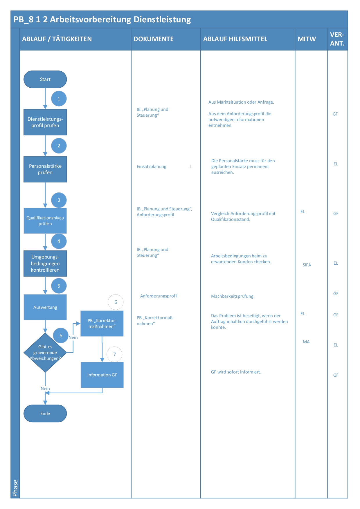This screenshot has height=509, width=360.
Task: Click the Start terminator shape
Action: (x=45, y=79)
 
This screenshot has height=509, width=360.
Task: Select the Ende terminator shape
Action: (x=45, y=413)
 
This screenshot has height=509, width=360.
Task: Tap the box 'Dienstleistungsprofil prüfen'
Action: (x=45, y=122)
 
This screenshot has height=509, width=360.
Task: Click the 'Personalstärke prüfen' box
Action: (x=45, y=169)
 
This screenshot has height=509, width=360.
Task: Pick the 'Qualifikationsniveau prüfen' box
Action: (x=45, y=221)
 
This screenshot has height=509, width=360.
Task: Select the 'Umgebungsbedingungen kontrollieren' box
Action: (x=45, y=263)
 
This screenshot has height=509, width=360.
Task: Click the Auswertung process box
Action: (x=45, y=307)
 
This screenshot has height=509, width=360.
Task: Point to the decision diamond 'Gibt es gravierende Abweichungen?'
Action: (x=45, y=353)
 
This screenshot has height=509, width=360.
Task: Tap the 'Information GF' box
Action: (x=102, y=375)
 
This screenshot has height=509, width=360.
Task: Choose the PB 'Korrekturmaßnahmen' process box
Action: (x=102, y=324)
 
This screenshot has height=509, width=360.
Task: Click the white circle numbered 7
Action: (x=114, y=354)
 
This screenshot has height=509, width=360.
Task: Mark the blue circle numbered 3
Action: (x=59, y=200)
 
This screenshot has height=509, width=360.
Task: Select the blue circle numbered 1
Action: (x=59, y=99)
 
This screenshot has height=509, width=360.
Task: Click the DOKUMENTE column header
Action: (x=154, y=39)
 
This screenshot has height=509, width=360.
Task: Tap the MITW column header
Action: (x=307, y=39)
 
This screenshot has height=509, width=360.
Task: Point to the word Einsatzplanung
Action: (x=152, y=167)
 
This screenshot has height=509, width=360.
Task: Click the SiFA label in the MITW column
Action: (x=307, y=265)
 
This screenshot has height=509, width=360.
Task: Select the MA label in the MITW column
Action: (x=306, y=342)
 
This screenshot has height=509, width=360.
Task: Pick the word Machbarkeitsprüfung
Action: (x=233, y=296)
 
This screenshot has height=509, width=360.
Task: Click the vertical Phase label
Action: (x=15, y=488)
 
